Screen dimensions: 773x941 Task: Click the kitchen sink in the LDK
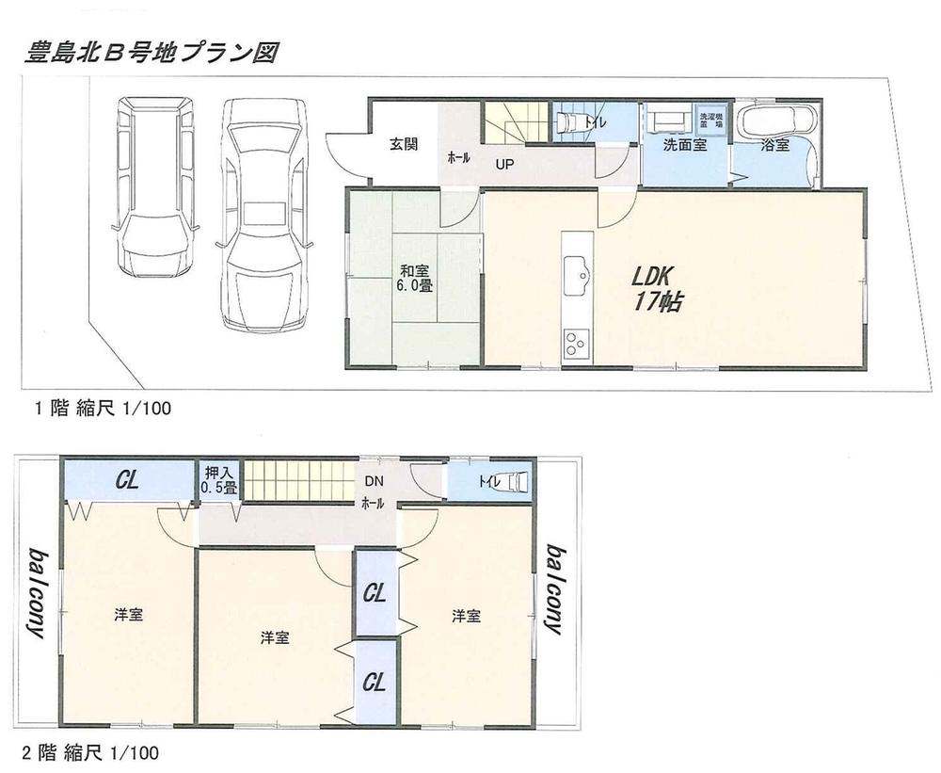[576, 275]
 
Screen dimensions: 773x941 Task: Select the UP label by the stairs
[505, 162]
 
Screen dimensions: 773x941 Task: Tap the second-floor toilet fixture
[516, 483]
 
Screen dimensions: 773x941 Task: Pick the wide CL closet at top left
[128, 480]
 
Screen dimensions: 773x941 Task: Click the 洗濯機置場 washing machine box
[709, 120]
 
